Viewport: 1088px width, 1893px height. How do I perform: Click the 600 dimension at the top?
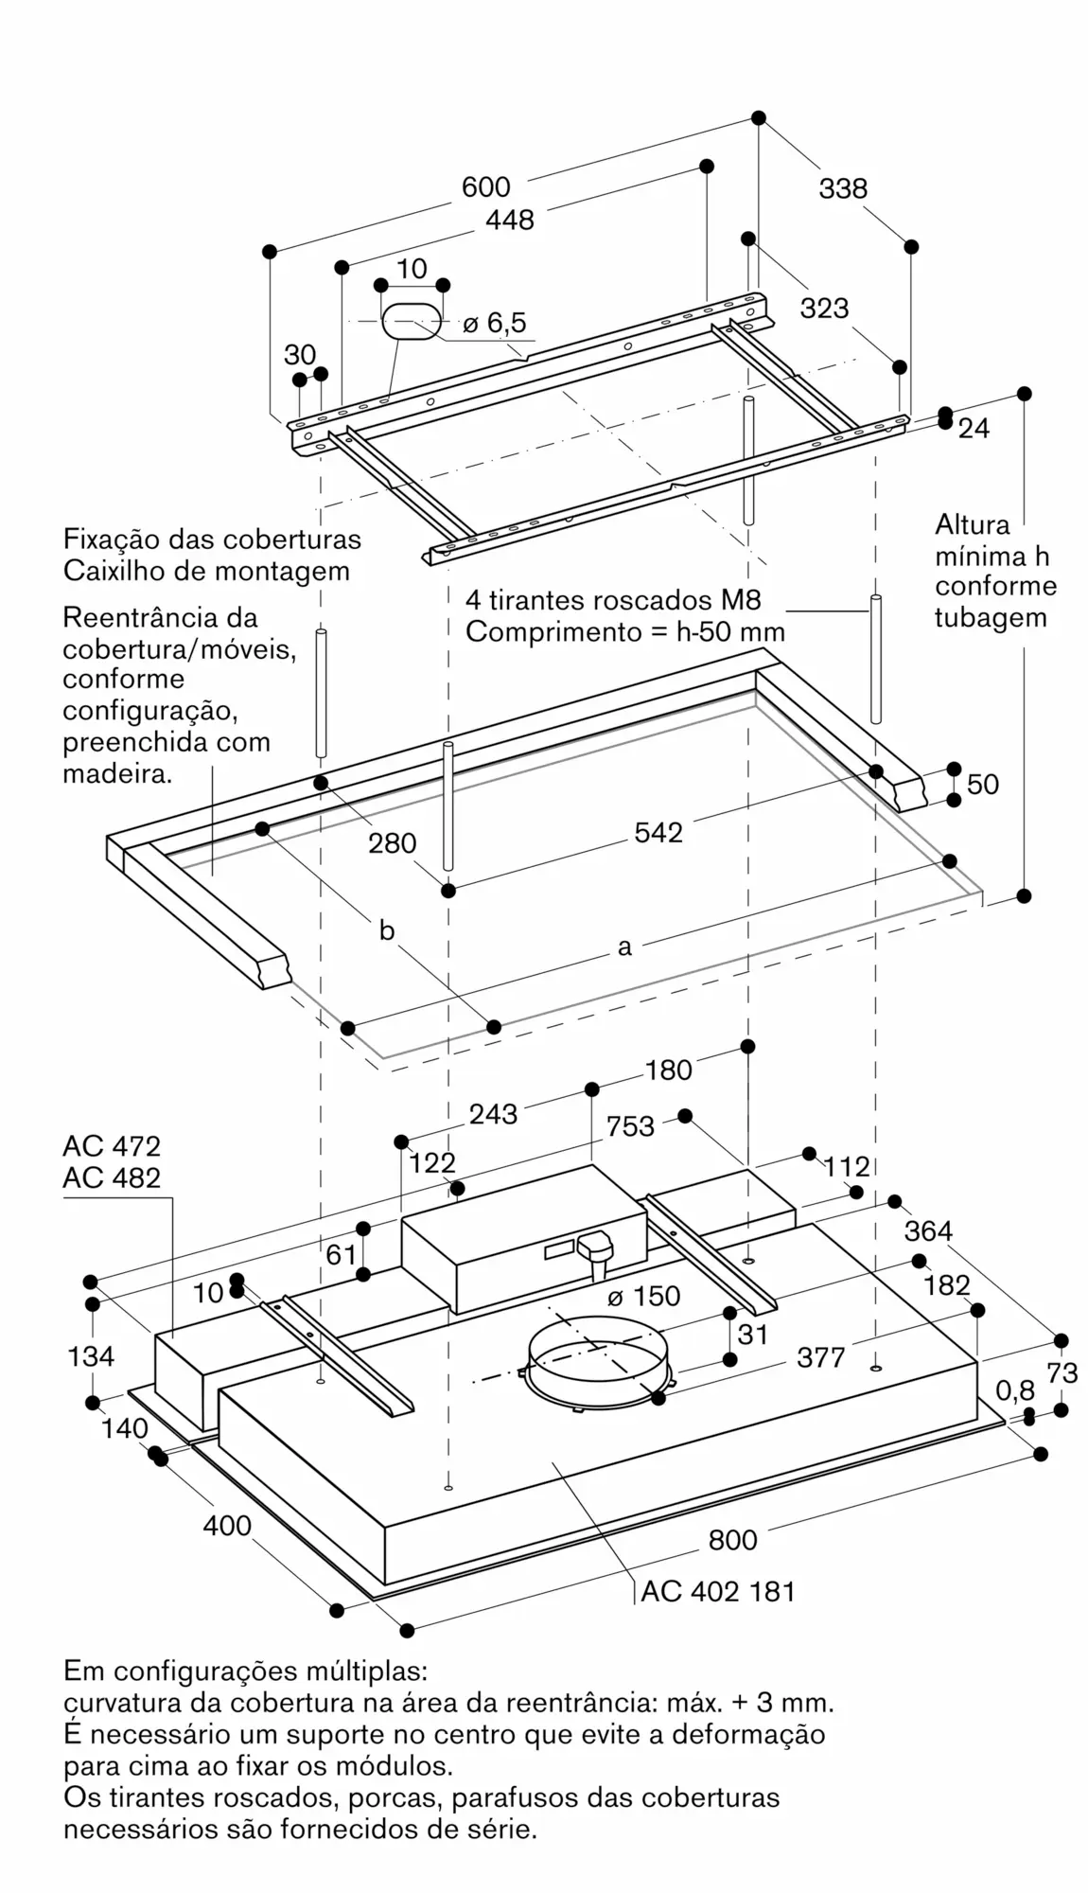pos(485,187)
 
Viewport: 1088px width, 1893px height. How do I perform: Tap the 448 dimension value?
pos(510,220)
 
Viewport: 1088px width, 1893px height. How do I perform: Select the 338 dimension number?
pos(843,189)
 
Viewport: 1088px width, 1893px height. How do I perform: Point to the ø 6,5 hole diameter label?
pos(495,323)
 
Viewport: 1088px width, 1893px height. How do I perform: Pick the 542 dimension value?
pos(658,832)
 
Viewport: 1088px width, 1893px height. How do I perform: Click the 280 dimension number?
pos(392,842)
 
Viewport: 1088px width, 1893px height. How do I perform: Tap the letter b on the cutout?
pos(386,930)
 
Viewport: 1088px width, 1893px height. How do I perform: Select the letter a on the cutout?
pos(624,946)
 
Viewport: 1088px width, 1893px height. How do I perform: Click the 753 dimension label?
pos(630,1126)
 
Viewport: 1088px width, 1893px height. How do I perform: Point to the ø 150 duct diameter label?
pos(644,1296)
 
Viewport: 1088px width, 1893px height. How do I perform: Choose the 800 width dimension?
pos(733,1540)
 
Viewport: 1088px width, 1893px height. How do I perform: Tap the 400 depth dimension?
pos(227,1526)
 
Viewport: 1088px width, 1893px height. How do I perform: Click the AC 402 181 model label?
pos(718,1591)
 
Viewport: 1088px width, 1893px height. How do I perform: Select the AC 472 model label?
pos(112,1146)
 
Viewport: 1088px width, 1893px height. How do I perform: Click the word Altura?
pos(973,524)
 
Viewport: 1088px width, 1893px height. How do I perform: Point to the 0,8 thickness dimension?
pos(1015,1390)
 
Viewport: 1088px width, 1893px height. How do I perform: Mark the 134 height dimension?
pos(91,1356)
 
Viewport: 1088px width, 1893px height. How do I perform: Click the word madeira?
pos(117,773)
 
